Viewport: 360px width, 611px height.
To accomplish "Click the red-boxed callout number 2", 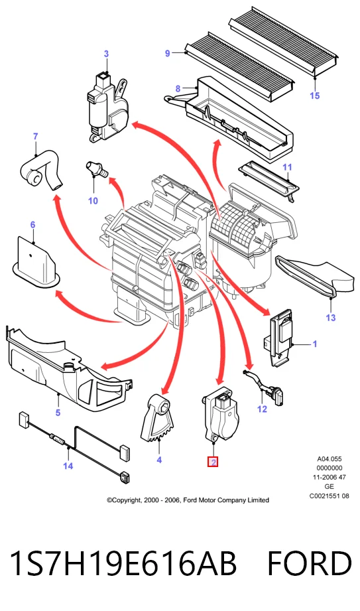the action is pyautogui.click(x=213, y=462).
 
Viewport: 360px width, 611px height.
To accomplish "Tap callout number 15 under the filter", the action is pyautogui.click(x=315, y=96).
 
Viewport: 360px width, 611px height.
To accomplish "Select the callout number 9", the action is pyautogui.click(x=168, y=53).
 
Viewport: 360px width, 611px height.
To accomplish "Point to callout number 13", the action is pyautogui.click(x=330, y=318).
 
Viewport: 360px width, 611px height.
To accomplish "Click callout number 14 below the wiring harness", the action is pyautogui.click(x=68, y=466).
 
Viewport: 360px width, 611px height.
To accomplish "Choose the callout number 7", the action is pyautogui.click(x=35, y=137).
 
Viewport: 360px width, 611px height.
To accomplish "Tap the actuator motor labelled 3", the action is pyautogui.click(x=107, y=107).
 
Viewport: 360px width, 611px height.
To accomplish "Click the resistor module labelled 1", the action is pyautogui.click(x=281, y=338).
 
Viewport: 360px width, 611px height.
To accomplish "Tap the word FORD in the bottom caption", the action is pyautogui.click(x=310, y=563).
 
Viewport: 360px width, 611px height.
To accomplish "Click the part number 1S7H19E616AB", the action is pyautogui.click(x=123, y=563).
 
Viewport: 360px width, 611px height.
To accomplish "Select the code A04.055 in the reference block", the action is pyautogui.click(x=330, y=458).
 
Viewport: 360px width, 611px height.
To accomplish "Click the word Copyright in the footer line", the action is pyautogui.click(x=125, y=500).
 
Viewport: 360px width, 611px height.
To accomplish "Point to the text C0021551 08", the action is pyautogui.click(x=330, y=496).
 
